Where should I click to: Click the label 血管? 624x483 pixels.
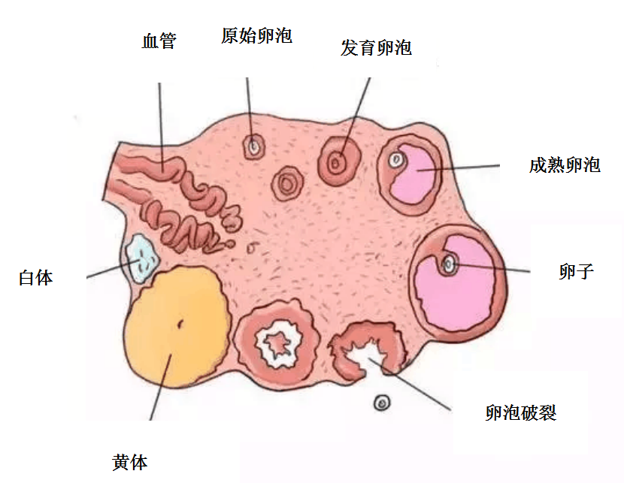coord(159,41)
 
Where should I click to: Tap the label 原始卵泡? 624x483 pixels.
coord(256,36)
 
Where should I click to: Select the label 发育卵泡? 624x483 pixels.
coord(376,48)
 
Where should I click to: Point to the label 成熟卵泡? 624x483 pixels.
coord(565,165)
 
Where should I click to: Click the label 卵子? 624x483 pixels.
coord(576,272)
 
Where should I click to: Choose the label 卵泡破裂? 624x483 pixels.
coord(520,412)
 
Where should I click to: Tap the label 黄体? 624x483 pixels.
coord(130,463)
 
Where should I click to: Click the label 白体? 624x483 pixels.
coord(36,277)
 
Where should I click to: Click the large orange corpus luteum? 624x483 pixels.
coord(178,327)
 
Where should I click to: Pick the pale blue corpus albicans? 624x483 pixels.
coord(141,258)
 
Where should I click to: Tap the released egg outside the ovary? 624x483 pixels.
coord(382,403)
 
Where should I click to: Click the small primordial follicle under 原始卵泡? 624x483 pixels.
coord(254,146)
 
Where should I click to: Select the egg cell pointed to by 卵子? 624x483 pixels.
coord(450,264)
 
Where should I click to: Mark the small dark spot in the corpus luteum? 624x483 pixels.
coord(180,325)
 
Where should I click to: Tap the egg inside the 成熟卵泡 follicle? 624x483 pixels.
coord(396,161)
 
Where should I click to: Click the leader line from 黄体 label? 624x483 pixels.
coord(161,387)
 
